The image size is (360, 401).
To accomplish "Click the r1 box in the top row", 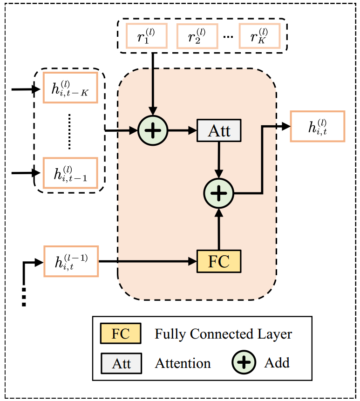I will click(146, 36).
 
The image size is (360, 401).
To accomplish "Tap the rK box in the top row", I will click(260, 36).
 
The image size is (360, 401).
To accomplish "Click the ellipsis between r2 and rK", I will click(228, 37).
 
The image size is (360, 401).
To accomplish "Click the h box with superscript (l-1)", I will click(71, 261).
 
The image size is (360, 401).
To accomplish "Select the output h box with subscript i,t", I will click(317, 126).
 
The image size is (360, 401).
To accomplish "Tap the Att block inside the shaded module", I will click(219, 130).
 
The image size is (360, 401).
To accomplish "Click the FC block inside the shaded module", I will click(219, 261).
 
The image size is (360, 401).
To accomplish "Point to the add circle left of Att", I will click(152, 130).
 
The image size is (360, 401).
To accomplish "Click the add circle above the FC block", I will click(218, 193).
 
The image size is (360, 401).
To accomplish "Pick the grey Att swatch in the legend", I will click(121, 363).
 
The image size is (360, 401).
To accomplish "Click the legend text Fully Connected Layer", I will click(223, 334).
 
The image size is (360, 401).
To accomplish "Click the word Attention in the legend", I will click(183, 363).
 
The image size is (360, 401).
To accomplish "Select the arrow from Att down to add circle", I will click(219, 160).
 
